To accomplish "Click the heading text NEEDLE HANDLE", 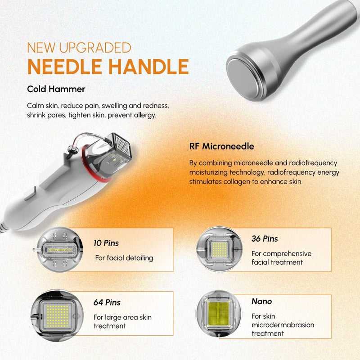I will [x=108, y=66].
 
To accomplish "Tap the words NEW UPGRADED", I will [x=79, y=47].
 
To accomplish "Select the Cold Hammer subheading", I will [x=56, y=89].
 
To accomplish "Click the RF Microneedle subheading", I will [x=221, y=146].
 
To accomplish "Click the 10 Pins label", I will [x=106, y=243].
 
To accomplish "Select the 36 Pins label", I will [x=265, y=239].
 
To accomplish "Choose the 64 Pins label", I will [x=107, y=302].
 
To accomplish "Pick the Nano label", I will [x=261, y=301].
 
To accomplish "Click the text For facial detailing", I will [x=124, y=258].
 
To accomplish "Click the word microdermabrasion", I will [x=283, y=325].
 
